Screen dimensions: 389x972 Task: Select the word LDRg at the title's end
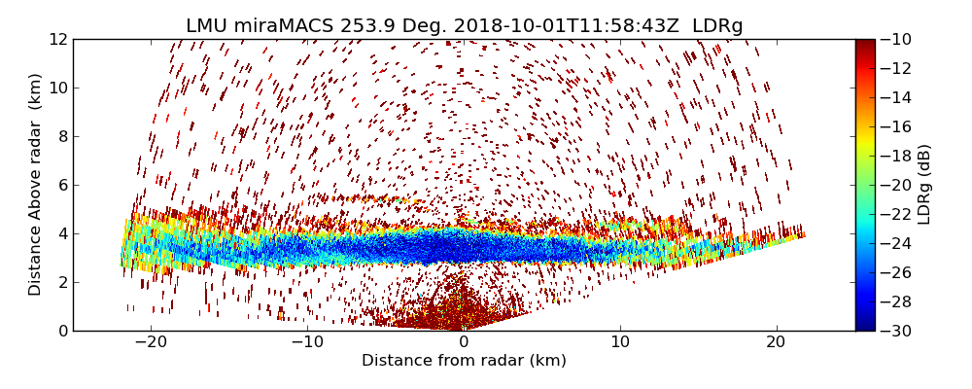click(717, 26)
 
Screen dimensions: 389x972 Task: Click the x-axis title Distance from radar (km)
click(464, 361)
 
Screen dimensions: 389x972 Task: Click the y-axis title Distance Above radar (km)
click(36, 185)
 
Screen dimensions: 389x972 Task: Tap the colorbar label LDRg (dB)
click(924, 185)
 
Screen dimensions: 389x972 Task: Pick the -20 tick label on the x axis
click(151, 342)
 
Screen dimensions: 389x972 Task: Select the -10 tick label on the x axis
click(307, 342)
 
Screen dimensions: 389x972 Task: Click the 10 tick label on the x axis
click(620, 342)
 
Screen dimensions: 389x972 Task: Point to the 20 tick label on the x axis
click(776, 342)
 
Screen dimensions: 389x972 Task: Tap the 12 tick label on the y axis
click(58, 40)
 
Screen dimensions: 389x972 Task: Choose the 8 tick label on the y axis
click(62, 136)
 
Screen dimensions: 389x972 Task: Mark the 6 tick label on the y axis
click(62, 185)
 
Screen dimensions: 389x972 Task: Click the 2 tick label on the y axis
click(62, 282)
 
